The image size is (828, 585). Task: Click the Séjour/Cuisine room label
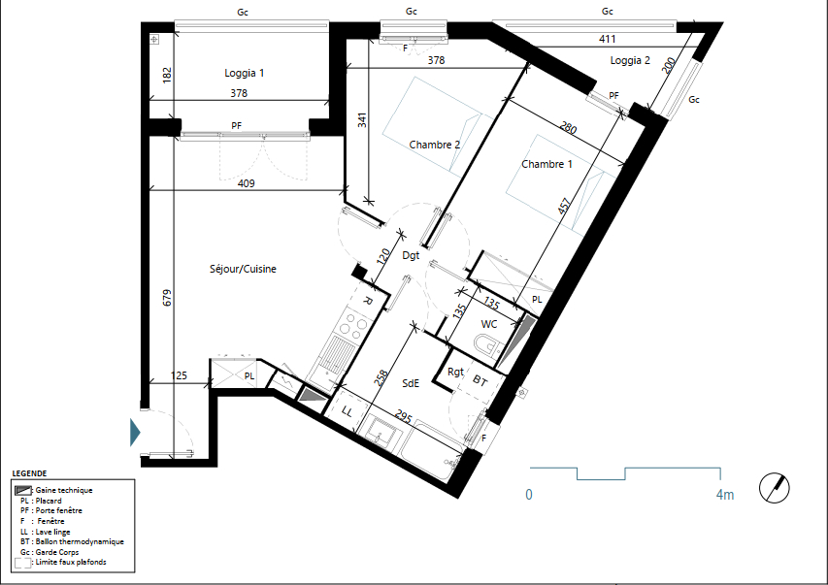[x=243, y=269]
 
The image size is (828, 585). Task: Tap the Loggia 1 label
[x=244, y=73]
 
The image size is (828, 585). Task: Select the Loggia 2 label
[x=630, y=60]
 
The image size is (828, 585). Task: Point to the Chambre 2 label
[x=435, y=145]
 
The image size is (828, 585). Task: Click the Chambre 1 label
[x=547, y=164]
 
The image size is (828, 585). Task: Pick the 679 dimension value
[x=167, y=297]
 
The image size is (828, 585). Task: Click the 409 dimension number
[x=247, y=183]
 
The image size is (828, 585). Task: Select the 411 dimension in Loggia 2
[x=608, y=39]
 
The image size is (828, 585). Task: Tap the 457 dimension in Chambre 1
[x=564, y=206]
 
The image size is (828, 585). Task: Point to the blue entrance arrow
[x=135, y=433]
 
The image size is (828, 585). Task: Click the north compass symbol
[x=775, y=487]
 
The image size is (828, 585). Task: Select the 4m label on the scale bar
[x=725, y=495]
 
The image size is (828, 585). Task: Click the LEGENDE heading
[x=29, y=473]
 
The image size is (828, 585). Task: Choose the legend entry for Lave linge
[x=46, y=532]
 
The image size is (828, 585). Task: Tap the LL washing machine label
[x=347, y=410]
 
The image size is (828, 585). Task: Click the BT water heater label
[x=480, y=380]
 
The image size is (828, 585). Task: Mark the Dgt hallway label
[x=411, y=255]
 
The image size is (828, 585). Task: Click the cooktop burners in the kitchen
[x=353, y=324]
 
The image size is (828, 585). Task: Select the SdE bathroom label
[x=411, y=383]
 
